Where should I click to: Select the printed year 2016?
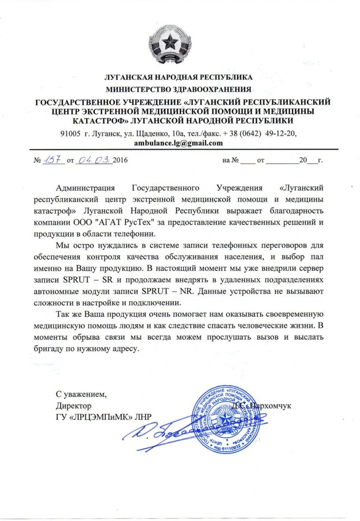[121, 161]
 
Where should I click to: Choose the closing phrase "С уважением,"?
[82, 394]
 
